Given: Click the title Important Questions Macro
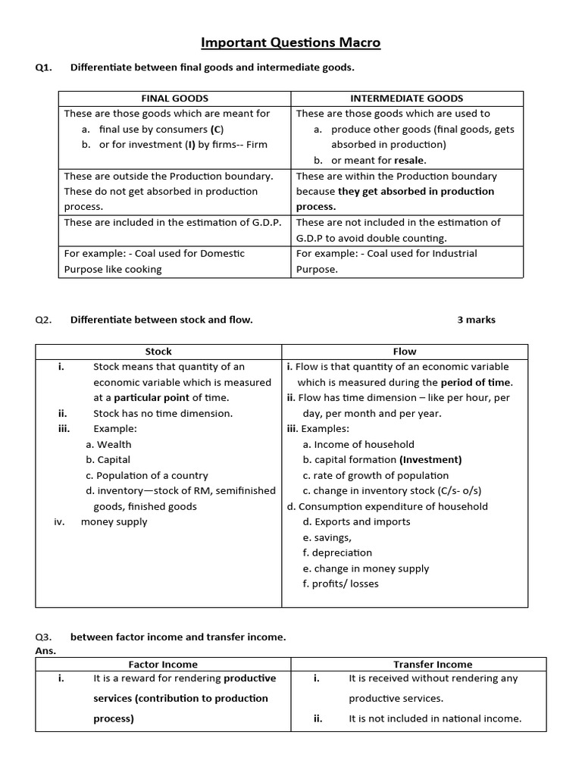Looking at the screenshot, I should [x=291, y=42].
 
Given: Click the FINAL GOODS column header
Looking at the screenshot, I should [x=174, y=99].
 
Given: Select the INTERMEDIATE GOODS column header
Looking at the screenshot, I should [x=406, y=99].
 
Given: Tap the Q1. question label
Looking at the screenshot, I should [x=43, y=67].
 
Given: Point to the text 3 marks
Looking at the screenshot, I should [x=476, y=320].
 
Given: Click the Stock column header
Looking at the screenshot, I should [x=158, y=352].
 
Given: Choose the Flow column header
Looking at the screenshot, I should [x=405, y=352].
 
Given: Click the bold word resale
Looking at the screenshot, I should [x=409, y=160].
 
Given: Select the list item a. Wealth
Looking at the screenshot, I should [x=108, y=445].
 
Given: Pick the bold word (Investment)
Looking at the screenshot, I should [x=430, y=460].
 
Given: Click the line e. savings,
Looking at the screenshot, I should [x=327, y=537].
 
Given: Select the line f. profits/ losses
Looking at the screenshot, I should [x=340, y=584].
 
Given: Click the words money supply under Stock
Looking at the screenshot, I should [x=114, y=522].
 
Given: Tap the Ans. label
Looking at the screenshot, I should [x=45, y=650].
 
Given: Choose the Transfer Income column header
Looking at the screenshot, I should [x=432, y=665].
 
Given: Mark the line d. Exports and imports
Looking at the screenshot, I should [x=356, y=522].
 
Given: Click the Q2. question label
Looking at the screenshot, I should [x=43, y=320].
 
